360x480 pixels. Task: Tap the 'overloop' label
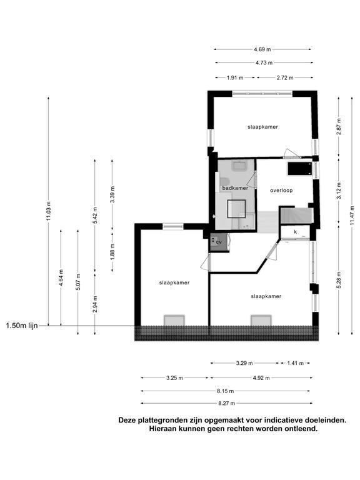[x=281, y=190]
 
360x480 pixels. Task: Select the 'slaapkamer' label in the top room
[x=262, y=127]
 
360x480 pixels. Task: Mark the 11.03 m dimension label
[x=48, y=211]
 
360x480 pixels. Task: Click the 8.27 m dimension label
[x=226, y=403]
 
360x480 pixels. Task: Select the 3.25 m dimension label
[x=175, y=377]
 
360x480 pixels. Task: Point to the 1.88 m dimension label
[x=112, y=250]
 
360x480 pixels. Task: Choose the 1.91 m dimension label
[x=234, y=77]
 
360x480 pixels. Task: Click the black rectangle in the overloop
[x=299, y=168]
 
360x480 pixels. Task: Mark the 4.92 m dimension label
[x=261, y=377]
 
